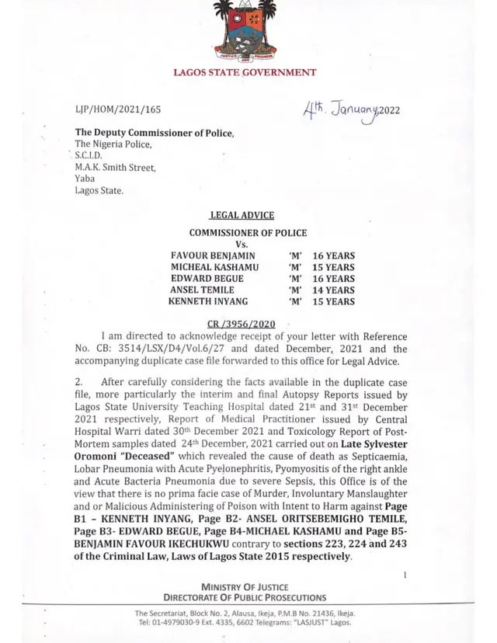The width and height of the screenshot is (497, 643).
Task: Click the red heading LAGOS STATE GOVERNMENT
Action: coord(245,72)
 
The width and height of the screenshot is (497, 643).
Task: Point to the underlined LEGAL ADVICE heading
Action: coord(242,216)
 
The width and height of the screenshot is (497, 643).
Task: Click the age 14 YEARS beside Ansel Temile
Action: coord(333,290)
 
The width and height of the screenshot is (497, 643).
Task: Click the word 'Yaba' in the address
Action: coord(84,178)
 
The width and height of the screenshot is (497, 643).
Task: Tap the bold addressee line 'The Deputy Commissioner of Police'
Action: coord(154,133)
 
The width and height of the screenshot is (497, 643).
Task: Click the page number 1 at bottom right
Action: coord(405,575)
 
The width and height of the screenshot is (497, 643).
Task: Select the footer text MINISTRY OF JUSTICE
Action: coord(245,586)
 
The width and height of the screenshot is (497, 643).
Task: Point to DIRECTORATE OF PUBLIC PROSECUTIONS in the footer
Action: coord(245,597)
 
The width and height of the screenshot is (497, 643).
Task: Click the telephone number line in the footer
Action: coord(245,623)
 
